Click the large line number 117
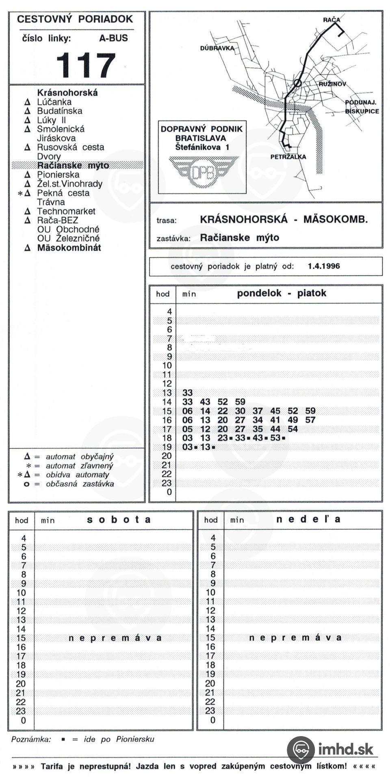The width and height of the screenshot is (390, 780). click(x=86, y=65)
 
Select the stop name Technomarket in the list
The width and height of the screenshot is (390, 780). click(x=66, y=211)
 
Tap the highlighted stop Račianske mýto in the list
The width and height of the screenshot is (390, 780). click(x=73, y=165)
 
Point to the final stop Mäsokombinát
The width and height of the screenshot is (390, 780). click(x=69, y=248)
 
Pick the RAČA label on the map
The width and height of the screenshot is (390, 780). click(x=331, y=19)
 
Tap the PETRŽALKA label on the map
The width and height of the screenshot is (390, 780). click(x=288, y=157)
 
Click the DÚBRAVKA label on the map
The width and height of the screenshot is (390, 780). click(x=217, y=48)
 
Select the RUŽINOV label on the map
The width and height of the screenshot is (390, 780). click(x=332, y=84)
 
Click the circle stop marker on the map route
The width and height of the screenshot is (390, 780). click(x=297, y=83)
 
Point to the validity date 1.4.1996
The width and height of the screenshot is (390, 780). click(x=324, y=266)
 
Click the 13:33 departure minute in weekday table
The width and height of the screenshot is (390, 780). click(x=187, y=393)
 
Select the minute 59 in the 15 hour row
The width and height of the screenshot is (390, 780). click(x=310, y=411)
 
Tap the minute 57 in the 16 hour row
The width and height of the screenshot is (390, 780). click(x=310, y=420)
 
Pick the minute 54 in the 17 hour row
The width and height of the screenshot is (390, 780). click(x=293, y=429)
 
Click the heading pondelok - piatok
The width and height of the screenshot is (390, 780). click(x=282, y=293)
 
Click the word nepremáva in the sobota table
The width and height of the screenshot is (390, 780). click(x=115, y=638)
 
